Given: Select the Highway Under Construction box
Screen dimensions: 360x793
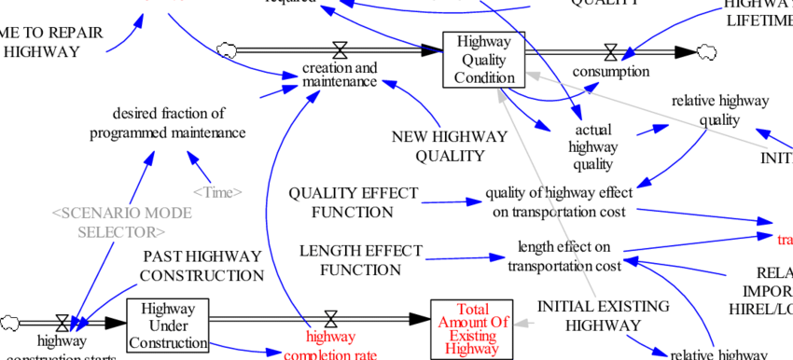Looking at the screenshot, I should pyautogui.click(x=168, y=325).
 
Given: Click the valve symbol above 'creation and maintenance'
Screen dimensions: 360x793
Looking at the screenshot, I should pyautogui.click(x=341, y=50).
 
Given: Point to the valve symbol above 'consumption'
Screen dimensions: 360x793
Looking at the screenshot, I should pyautogui.click(x=611, y=52).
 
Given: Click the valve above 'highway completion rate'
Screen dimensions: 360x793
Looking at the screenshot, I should pyautogui.click(x=329, y=319).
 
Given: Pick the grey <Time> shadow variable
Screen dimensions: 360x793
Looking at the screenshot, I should pyautogui.click(x=216, y=192).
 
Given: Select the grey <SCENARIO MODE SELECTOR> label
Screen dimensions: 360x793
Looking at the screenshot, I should pyautogui.click(x=121, y=222).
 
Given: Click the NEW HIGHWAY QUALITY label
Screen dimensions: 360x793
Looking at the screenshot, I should pyautogui.click(x=450, y=145).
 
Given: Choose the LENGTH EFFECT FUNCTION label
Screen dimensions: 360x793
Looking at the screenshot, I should pyautogui.click(x=360, y=260).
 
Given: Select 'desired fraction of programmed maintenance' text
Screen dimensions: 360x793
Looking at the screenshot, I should pyautogui.click(x=168, y=123).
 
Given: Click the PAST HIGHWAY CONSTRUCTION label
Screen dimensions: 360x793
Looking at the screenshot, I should pyautogui.click(x=202, y=266).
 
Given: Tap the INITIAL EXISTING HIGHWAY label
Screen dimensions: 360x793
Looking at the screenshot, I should pyautogui.click(x=591, y=315).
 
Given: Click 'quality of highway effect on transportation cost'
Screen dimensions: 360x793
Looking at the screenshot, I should pyautogui.click(x=559, y=202).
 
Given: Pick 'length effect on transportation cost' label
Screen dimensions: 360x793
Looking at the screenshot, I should pyautogui.click(x=563, y=256).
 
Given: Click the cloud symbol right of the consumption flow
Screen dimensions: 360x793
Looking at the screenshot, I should pyautogui.click(x=706, y=51).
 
